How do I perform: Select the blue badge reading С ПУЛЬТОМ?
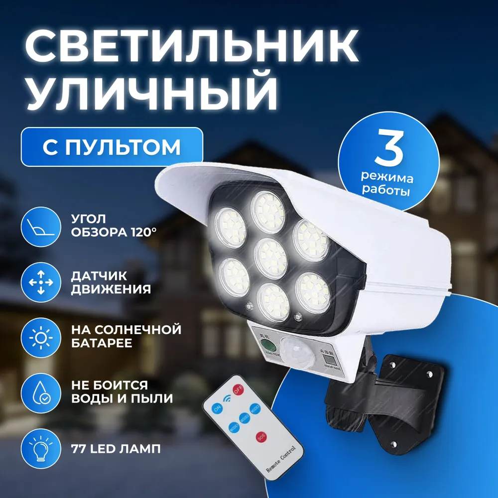tap(112, 147)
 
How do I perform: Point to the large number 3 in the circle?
tap(388, 149)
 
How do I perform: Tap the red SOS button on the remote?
tap(260, 437)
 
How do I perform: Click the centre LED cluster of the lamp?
tap(271, 258)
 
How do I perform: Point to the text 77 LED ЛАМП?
tap(116, 449)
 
